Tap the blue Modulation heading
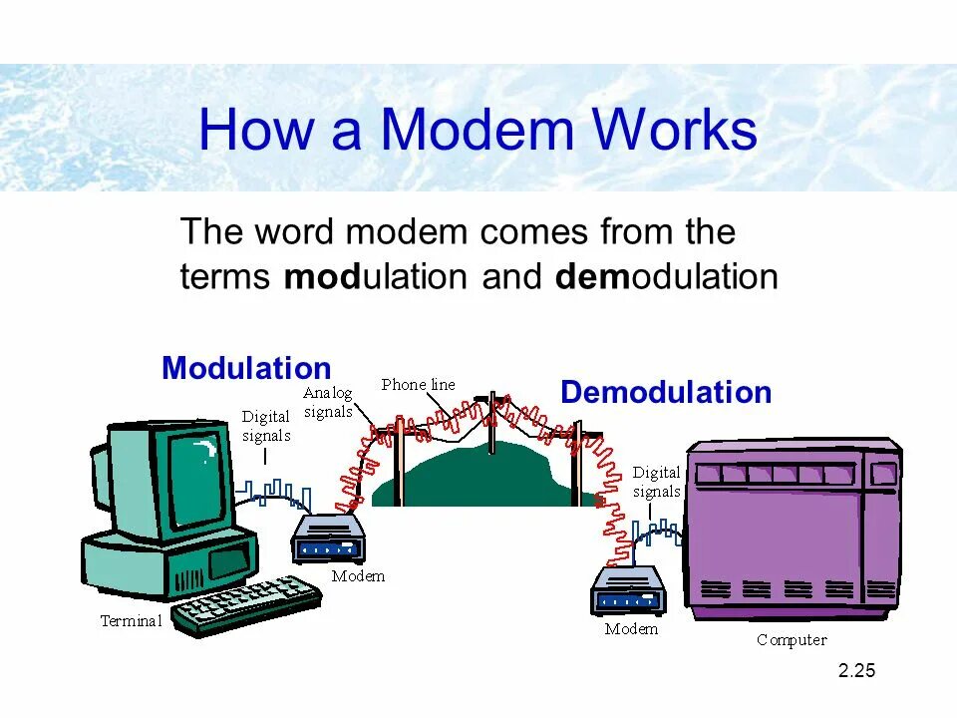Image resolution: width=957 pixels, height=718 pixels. tap(246, 368)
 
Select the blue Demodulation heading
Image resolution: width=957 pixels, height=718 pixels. tap(666, 392)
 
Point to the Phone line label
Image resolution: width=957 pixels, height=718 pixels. tap(418, 384)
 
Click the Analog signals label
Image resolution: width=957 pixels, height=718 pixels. tap(328, 402)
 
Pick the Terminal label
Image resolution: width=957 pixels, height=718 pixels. tap(131, 621)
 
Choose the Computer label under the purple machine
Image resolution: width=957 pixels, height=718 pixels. tap(792, 640)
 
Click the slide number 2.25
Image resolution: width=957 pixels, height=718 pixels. tap(856, 671)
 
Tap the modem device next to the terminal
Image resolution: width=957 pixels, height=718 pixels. tap(328, 539)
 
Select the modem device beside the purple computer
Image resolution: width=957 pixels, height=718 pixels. tap(628, 590)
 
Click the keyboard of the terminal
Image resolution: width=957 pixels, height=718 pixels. tap(246, 603)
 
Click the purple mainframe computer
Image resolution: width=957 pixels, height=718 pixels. tap(793, 529)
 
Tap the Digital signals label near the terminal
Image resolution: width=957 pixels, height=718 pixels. tap(266, 426)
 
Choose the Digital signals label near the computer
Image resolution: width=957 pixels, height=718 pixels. tap(656, 482)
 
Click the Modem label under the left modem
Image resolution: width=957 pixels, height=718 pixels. tap(358, 575)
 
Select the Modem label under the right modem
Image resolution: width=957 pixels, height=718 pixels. tap(631, 629)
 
